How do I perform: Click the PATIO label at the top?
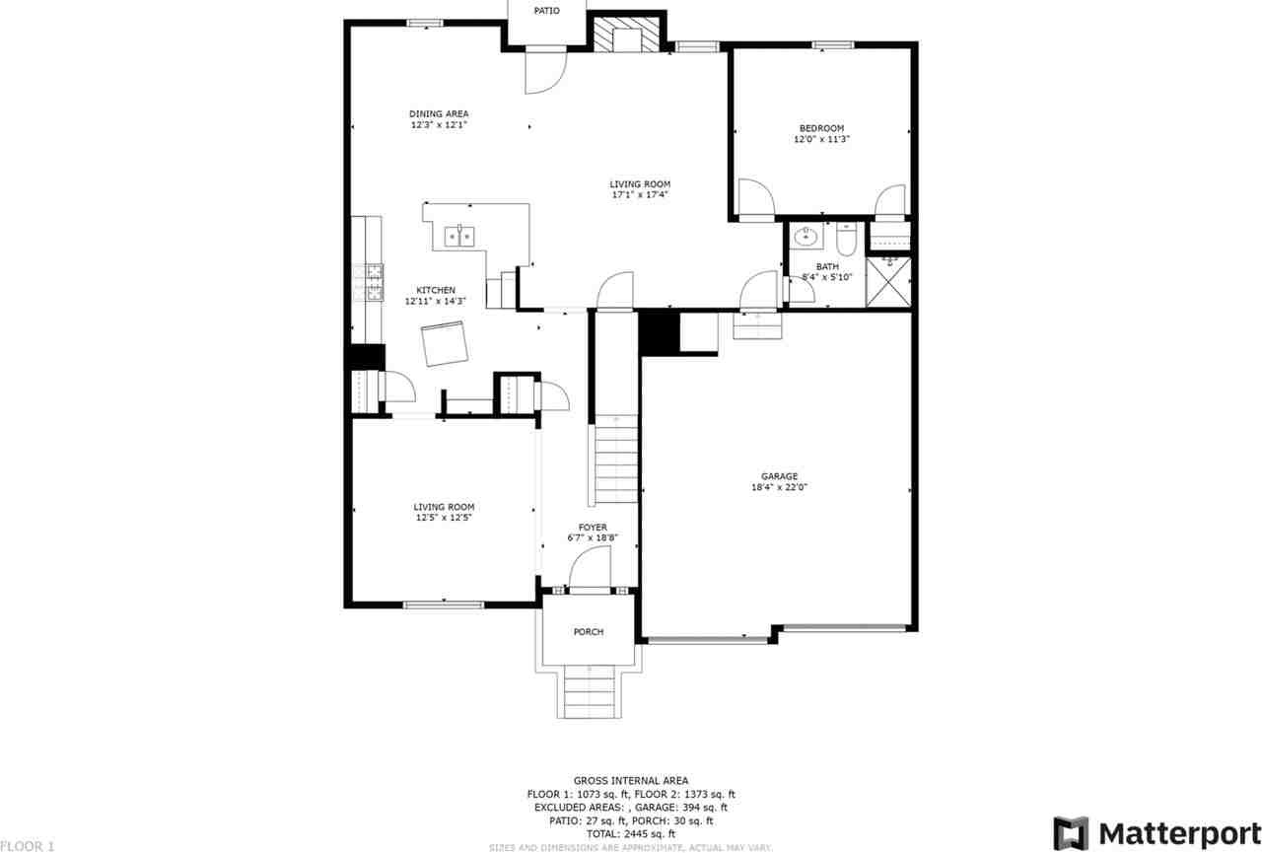pos(547,11)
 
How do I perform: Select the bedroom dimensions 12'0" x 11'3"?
pos(821,140)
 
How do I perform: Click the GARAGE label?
pos(779,475)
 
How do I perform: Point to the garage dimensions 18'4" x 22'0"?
pos(779,487)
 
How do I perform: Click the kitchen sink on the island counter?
pos(459,236)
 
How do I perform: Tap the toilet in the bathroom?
pos(847,240)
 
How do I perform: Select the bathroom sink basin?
pos(807,237)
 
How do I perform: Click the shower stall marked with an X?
pos(888,282)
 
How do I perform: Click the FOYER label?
pos(593,528)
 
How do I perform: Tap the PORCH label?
pos(589,632)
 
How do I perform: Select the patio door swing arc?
pos(543,70)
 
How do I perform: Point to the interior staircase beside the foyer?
pos(616,461)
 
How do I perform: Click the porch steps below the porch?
pos(591,692)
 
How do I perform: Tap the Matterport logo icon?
pos(1071,833)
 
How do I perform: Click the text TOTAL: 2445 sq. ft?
pos(631,833)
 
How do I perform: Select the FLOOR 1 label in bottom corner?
pos(28,845)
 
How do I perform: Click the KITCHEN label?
pos(435,290)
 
